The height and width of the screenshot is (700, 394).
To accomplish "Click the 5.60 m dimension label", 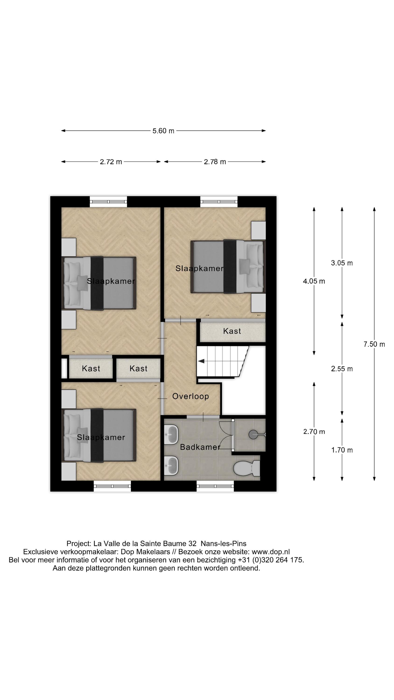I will click(163, 131).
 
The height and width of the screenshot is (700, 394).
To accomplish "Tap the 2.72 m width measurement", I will click(111, 162).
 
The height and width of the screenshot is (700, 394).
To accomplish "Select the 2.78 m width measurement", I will click(215, 162).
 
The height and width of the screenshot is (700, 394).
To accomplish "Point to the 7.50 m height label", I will click(374, 344).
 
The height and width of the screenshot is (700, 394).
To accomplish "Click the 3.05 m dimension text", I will click(341, 263).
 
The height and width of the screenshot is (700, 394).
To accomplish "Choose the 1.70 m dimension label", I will click(341, 450).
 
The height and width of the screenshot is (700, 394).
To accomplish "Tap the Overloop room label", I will click(190, 396).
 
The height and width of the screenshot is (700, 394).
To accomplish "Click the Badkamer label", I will click(200, 447).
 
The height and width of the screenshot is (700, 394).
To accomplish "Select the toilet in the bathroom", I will click(246, 468).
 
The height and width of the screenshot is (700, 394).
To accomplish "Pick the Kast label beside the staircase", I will click(232, 331).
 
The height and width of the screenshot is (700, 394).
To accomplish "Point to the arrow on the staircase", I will click(201, 361).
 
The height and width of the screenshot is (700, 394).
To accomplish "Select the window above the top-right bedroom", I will click(219, 201).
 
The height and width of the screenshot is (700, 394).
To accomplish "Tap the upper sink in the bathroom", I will click(171, 434).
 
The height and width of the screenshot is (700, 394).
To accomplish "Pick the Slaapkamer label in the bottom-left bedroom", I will click(101, 437).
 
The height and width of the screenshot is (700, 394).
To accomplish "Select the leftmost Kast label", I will click(91, 368).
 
